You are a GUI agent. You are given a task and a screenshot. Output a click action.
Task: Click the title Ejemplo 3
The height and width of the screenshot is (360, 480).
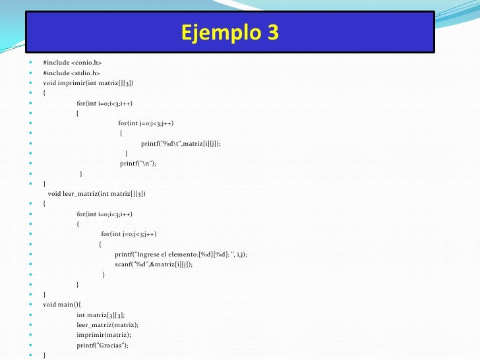(x=229, y=32)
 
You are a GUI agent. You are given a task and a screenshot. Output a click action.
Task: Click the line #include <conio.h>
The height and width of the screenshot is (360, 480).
(x=73, y=63)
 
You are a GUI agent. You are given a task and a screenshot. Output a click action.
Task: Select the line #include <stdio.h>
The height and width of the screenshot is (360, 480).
(x=71, y=73)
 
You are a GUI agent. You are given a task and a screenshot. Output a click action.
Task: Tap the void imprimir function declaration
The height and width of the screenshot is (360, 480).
(x=88, y=83)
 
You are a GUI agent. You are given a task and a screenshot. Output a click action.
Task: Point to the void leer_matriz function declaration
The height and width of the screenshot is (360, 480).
(x=97, y=194)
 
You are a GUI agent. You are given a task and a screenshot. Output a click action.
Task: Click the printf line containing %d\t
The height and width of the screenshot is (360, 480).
(x=181, y=143)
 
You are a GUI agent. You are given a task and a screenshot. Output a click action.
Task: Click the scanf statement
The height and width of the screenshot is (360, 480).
(x=154, y=264)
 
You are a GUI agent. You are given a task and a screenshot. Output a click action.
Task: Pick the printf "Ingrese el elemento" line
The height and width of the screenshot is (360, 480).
(x=181, y=255)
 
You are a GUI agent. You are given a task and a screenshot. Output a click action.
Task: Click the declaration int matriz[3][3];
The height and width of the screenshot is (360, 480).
(x=100, y=315)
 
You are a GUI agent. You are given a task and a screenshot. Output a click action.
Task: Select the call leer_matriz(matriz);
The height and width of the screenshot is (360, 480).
(x=107, y=325)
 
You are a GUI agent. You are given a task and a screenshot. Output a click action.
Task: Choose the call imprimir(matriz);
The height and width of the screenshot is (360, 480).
(x=103, y=335)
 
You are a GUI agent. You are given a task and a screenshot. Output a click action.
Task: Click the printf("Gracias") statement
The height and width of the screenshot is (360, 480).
(x=103, y=345)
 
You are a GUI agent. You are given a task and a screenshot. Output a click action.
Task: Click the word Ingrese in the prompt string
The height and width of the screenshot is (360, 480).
(x=149, y=255)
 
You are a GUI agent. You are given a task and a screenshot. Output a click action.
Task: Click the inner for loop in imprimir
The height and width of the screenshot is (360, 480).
(x=146, y=123)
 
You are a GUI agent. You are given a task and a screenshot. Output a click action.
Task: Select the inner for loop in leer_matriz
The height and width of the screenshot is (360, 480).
(x=129, y=234)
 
